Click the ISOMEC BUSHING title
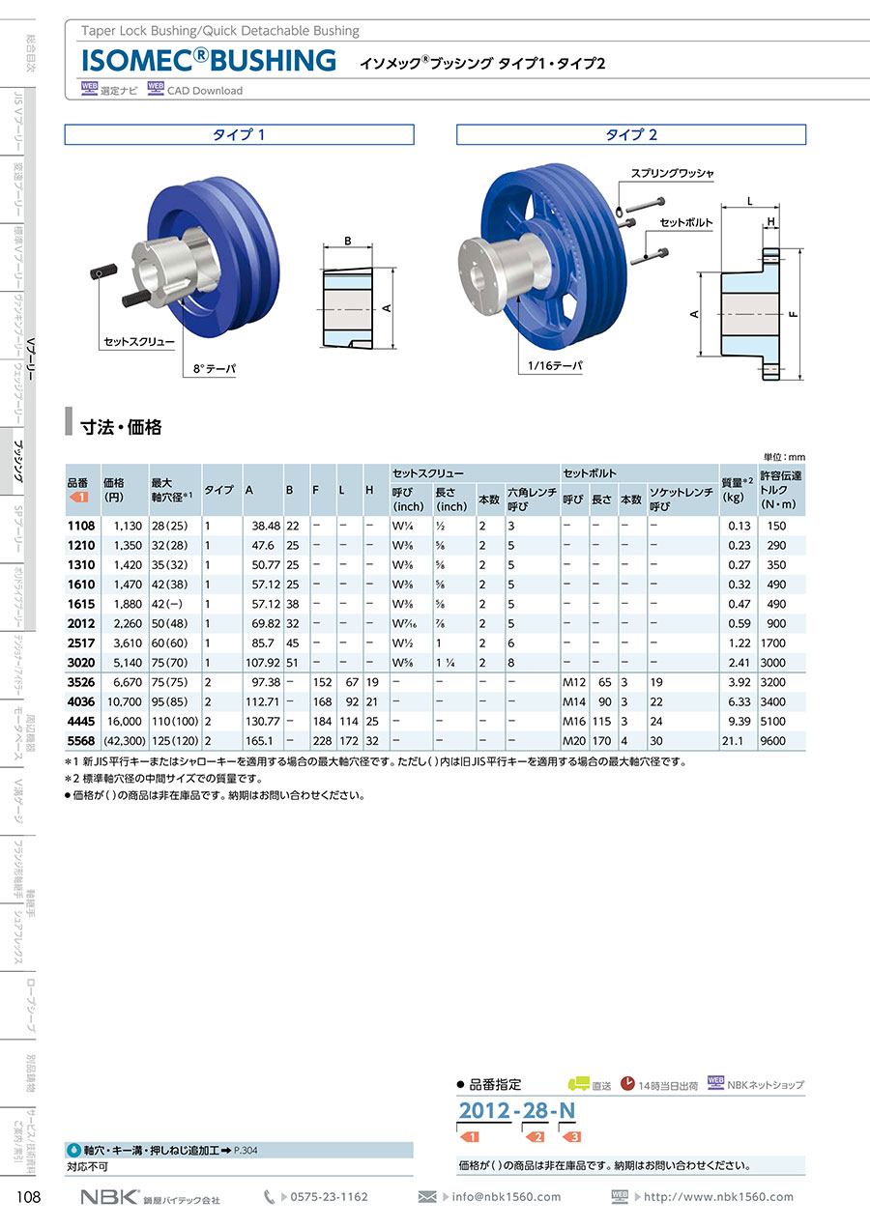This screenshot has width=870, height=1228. (209, 60)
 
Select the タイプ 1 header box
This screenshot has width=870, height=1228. (239, 135)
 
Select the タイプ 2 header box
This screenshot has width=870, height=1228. (631, 135)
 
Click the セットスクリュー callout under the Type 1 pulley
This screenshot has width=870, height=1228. (139, 342)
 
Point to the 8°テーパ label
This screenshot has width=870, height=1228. (215, 369)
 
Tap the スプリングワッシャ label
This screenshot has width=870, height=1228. (672, 174)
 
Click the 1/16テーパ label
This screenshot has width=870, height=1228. (555, 365)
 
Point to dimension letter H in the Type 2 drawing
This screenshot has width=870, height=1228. (770, 222)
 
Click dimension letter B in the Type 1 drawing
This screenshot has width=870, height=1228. (348, 241)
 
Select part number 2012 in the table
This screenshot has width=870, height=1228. (81, 624)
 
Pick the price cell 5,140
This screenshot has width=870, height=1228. (128, 663)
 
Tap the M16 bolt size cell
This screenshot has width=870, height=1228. (574, 722)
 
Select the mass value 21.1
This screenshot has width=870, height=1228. (734, 741)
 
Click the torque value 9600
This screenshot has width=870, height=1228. (773, 741)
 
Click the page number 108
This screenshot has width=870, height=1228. (29, 1197)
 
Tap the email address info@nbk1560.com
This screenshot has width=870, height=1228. (507, 1197)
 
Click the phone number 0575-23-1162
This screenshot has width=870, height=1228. (329, 1197)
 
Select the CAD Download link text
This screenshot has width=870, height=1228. (205, 91)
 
